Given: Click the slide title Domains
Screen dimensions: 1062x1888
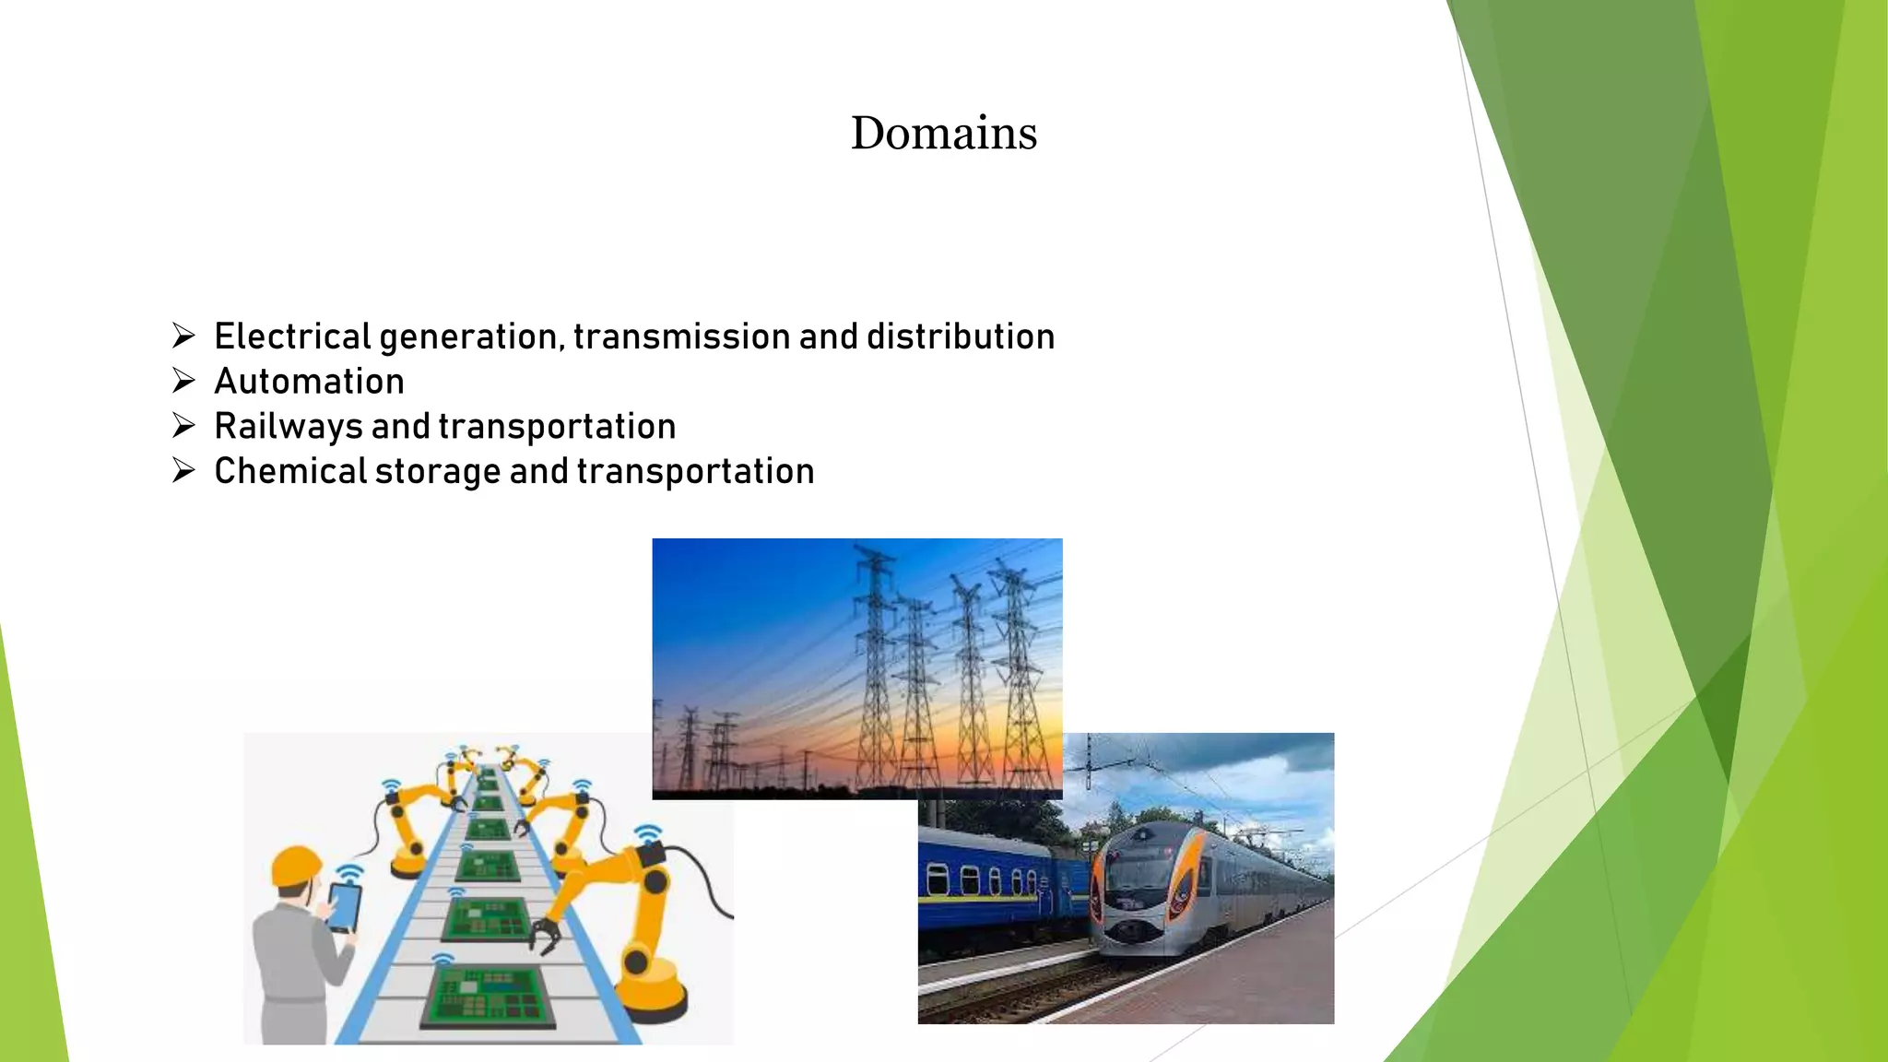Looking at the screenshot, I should point(943,134).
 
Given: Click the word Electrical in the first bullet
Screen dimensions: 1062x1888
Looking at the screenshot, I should point(292,336).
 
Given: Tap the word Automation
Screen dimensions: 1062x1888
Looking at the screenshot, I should point(309,382).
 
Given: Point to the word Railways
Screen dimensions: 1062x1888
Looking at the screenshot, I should point(289,427).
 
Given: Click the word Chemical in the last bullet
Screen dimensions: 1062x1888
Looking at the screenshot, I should point(290,472).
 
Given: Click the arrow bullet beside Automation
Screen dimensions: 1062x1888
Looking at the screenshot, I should point(183,381).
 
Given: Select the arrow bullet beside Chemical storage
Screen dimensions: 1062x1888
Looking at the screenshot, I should point(183,471).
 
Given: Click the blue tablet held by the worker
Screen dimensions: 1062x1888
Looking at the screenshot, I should point(344,907).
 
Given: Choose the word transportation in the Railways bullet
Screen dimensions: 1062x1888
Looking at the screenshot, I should point(557,427).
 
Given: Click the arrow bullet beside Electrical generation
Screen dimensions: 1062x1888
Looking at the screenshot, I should point(183,336).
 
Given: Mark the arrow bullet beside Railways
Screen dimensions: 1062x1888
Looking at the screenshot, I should point(183,426).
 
